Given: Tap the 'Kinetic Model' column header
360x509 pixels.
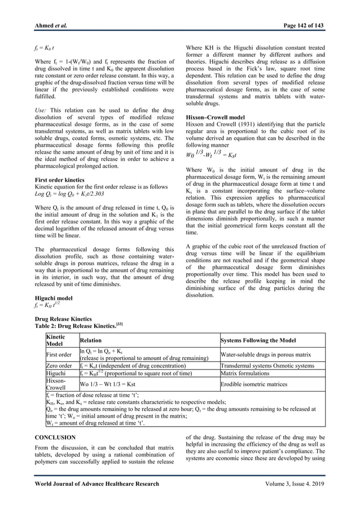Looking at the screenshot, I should [x=55, y=340].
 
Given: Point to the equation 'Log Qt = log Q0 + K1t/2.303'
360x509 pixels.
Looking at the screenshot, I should [x=71, y=194].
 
